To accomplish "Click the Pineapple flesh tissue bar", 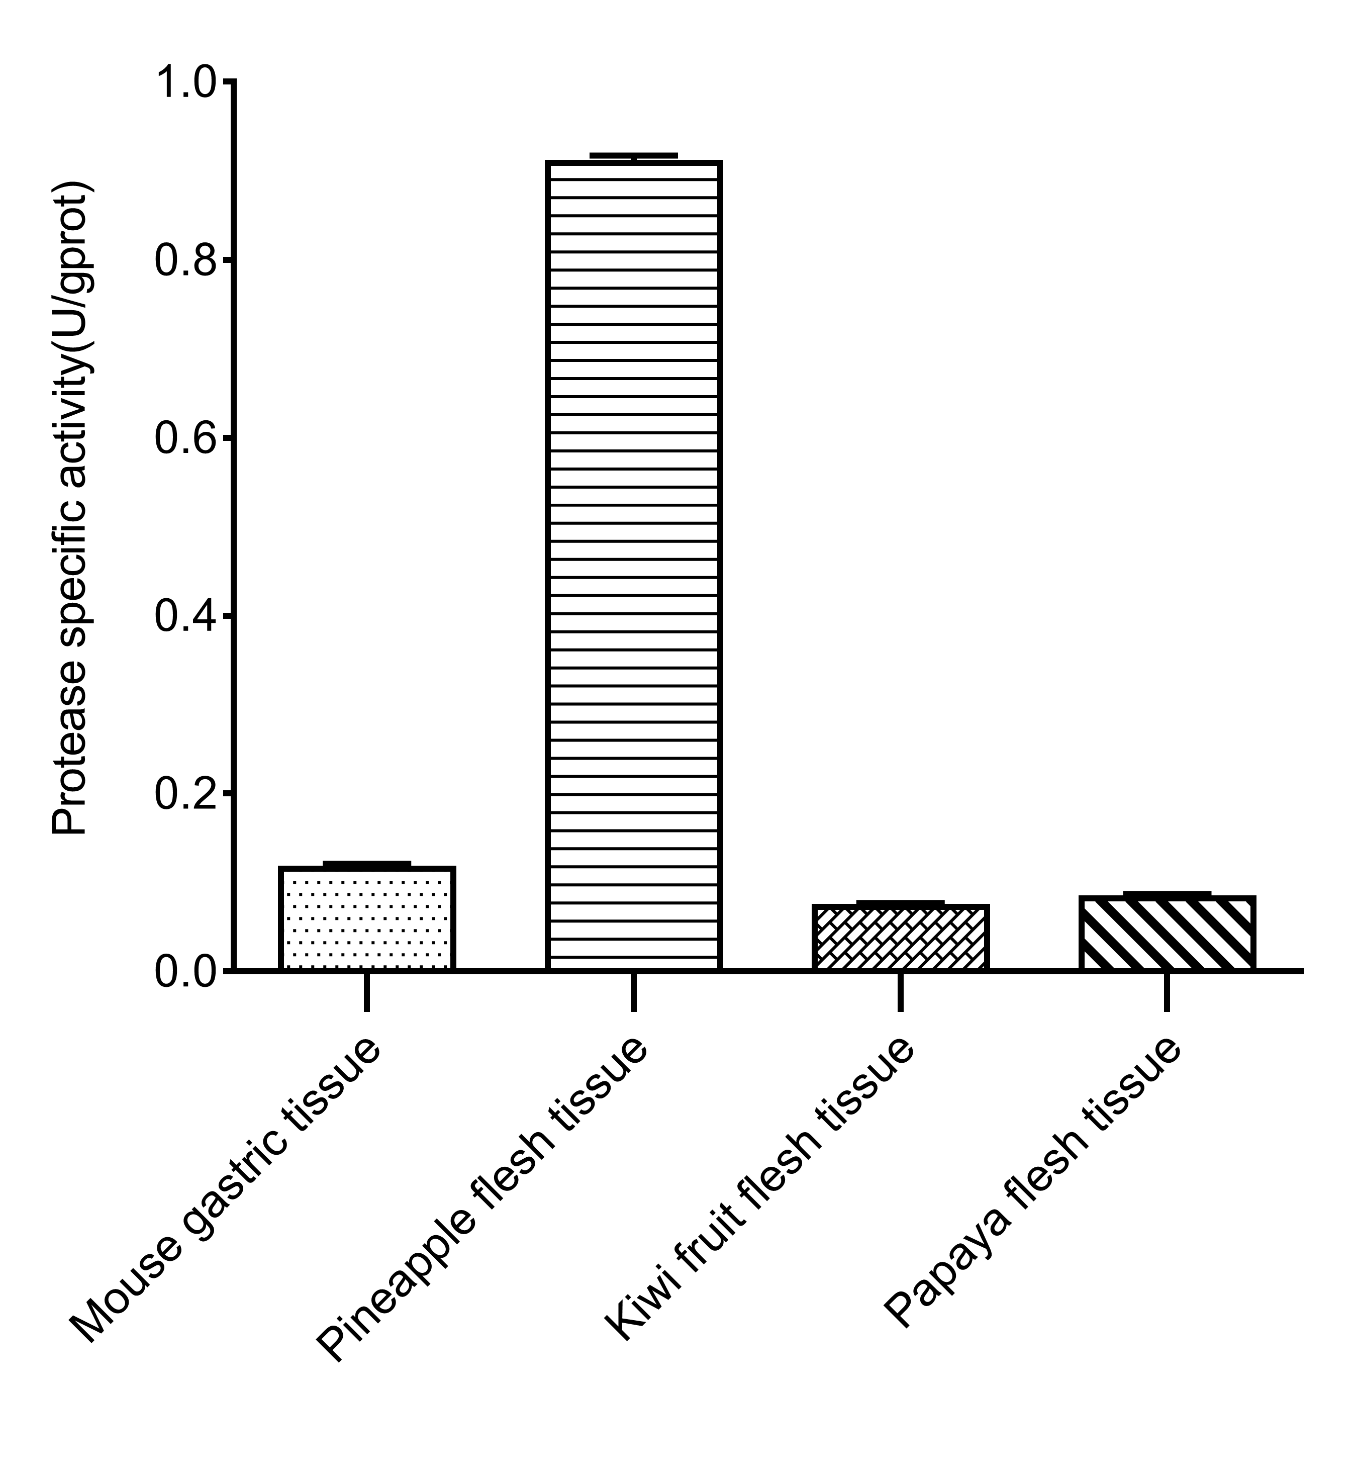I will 633,566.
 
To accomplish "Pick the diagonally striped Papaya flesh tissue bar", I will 1167,934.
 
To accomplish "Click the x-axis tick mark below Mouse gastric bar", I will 366,992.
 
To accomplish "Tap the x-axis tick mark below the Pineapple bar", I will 633,992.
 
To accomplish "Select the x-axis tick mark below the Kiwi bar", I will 900,992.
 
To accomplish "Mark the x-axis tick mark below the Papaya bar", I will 1167,992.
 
